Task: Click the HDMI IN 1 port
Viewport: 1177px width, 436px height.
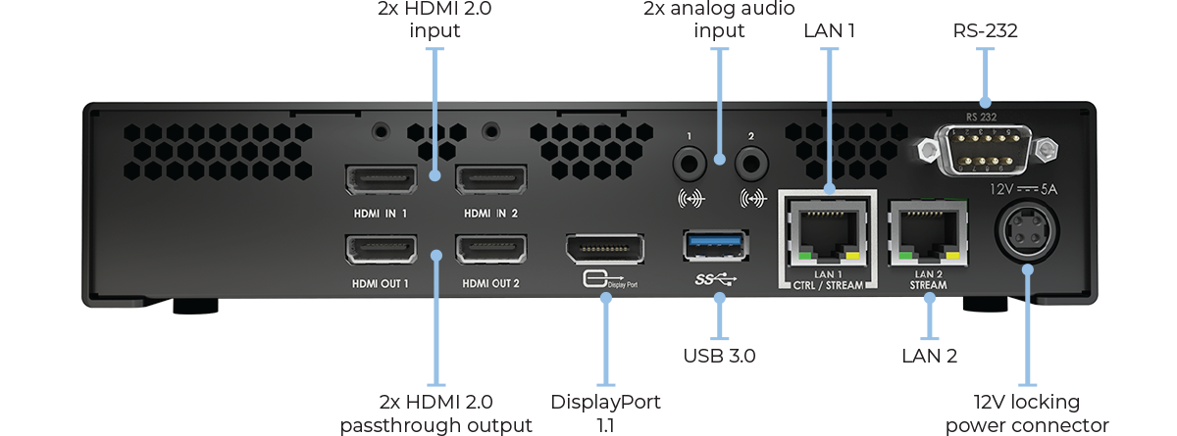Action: [381, 180]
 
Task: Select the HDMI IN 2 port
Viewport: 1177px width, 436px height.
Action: [490, 180]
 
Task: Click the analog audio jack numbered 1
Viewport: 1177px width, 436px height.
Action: [691, 160]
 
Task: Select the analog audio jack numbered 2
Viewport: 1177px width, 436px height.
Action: [752, 160]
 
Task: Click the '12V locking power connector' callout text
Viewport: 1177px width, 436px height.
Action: [1027, 413]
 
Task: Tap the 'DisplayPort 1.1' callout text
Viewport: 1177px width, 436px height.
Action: [605, 413]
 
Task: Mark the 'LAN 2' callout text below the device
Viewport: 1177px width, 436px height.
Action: [929, 354]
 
